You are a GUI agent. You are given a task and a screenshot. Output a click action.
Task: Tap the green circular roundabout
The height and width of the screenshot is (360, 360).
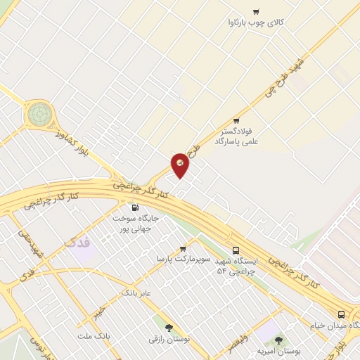(x=40, y=112)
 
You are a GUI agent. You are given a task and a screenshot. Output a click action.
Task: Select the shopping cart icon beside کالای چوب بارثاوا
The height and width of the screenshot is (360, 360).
(x=255, y=11)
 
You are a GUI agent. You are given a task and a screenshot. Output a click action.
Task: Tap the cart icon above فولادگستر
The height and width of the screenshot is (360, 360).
(x=236, y=120)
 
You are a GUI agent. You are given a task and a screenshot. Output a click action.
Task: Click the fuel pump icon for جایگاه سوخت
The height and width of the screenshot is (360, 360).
(x=135, y=207)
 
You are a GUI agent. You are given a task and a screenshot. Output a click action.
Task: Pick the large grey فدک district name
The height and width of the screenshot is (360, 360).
(x=77, y=242)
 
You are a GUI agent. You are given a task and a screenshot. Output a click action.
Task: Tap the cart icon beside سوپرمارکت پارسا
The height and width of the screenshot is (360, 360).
(x=183, y=248)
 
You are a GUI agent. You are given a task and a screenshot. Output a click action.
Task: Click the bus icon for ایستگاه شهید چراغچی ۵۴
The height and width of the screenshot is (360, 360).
(x=236, y=250)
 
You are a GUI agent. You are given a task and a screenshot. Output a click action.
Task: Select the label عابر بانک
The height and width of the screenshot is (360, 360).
(x=136, y=291)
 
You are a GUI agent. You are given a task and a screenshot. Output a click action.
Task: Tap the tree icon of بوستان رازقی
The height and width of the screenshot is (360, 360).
(x=169, y=327)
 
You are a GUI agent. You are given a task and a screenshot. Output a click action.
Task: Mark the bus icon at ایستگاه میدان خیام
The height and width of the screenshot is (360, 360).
(x=341, y=314)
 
